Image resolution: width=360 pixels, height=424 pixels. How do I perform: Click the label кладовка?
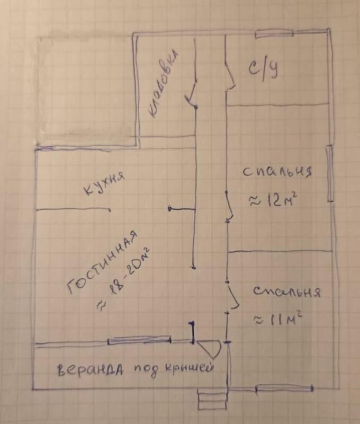pyautogui.click(x=164, y=84)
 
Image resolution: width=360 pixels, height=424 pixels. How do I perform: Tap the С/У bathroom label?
pyautogui.click(x=263, y=70)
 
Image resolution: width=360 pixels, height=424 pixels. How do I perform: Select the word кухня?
pyautogui.click(x=104, y=183)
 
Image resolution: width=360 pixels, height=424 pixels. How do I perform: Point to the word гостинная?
pyautogui.click(x=102, y=262)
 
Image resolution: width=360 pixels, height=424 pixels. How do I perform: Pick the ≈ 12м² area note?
pyautogui.click(x=273, y=200)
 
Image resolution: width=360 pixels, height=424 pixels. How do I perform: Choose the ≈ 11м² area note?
pyautogui.click(x=277, y=320)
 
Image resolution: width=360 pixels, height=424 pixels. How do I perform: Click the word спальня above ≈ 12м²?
pyautogui.click(x=277, y=172)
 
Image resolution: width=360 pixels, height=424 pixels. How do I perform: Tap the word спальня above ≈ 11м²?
pyautogui.click(x=287, y=292)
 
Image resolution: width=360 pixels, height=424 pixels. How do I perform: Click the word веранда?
pyautogui.click(x=91, y=369)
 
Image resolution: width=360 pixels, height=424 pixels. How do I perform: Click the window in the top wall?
pyautogui.click(x=274, y=34)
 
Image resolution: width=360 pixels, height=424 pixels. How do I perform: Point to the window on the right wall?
pyautogui.click(x=330, y=173)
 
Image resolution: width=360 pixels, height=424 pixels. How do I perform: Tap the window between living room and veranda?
pyautogui.click(x=139, y=340)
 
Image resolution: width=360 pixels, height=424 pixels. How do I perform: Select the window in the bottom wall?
pyautogui.click(x=284, y=388)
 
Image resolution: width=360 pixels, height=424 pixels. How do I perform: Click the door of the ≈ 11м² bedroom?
pyautogui.click(x=233, y=297)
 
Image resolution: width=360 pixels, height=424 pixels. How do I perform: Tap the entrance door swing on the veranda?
pyautogui.click(x=210, y=349)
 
